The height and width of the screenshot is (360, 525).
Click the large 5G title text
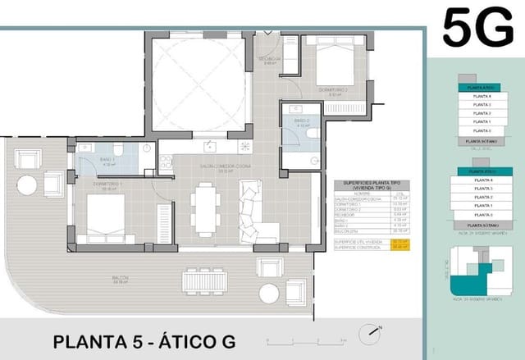point(477,31)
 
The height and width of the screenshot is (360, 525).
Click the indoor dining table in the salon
point(204,208)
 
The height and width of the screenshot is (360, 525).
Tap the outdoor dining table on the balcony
point(208,281)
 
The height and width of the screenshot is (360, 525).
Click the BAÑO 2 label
point(299,124)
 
